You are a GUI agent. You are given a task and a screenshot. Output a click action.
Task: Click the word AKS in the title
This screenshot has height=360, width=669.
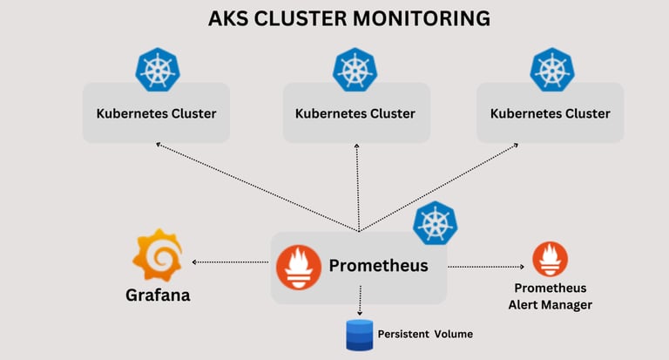[x=228, y=18]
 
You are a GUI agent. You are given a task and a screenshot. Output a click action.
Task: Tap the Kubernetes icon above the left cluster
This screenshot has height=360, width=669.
[x=157, y=70]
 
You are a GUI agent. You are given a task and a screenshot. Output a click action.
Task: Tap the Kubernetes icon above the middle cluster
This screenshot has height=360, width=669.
[x=355, y=70]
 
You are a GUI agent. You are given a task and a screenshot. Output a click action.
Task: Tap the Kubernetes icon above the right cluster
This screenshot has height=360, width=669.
[x=553, y=70]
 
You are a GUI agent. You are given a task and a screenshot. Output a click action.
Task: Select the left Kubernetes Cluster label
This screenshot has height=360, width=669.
[x=156, y=113]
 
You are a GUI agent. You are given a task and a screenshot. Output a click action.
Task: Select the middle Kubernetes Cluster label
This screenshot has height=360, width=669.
[x=355, y=113]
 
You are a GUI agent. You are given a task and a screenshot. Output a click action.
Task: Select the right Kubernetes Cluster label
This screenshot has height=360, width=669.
[x=551, y=113]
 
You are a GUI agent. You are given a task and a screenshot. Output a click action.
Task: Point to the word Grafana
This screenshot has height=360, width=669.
[x=158, y=295]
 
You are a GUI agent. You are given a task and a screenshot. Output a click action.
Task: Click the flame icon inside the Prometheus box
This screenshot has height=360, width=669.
[x=298, y=266]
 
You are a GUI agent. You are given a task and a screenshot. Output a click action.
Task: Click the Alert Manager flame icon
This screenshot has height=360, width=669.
[x=550, y=259]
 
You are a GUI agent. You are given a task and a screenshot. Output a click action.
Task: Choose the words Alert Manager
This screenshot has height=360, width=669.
[x=550, y=304]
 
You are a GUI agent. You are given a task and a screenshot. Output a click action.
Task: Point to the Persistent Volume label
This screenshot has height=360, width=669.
[x=425, y=334]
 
